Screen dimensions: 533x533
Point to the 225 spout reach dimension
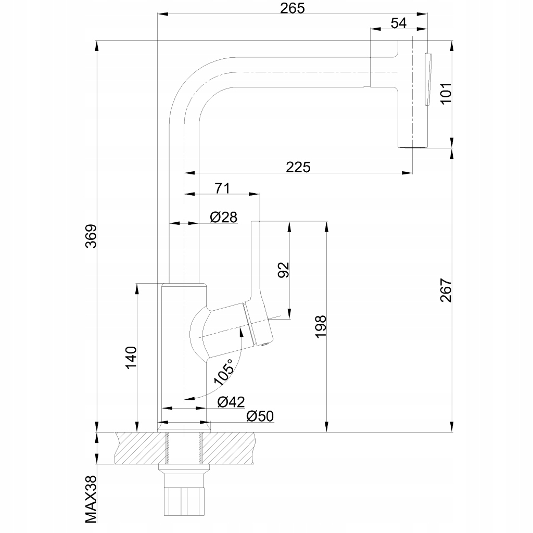[x=298, y=167]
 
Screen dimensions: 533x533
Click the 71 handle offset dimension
[x=222, y=188]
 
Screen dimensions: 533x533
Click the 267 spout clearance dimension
[x=447, y=290]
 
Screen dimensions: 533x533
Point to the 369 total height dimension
[x=91, y=237]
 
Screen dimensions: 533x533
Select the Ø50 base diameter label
[x=260, y=416]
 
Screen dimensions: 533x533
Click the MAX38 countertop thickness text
[x=92, y=500]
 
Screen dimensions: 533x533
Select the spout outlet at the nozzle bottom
[x=413, y=148]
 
